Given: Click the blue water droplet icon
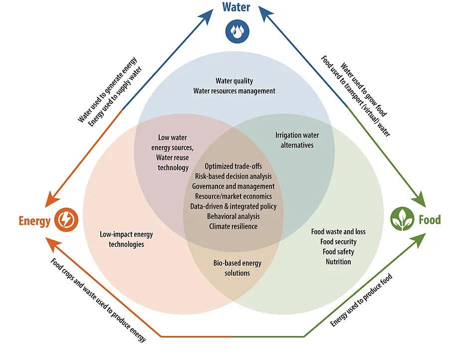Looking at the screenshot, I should (x=236, y=31).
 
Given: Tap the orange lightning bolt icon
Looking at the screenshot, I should (x=65, y=219).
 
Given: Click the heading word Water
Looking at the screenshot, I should (x=236, y=7).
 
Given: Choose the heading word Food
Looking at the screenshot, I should (x=430, y=220).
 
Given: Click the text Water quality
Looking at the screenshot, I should (x=234, y=81).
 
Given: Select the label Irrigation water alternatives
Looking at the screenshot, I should (x=297, y=140).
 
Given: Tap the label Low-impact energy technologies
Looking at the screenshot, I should (x=126, y=239).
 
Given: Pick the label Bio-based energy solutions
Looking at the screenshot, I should (x=237, y=268).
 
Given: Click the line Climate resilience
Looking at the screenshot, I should (x=233, y=226).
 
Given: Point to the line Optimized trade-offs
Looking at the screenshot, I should (x=233, y=166).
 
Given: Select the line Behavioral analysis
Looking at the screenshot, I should (x=233, y=216).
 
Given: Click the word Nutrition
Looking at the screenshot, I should (x=338, y=262).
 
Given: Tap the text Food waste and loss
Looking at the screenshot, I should (x=338, y=232).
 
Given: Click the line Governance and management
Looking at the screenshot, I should (x=233, y=186).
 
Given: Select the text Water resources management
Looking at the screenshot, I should (x=234, y=91).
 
